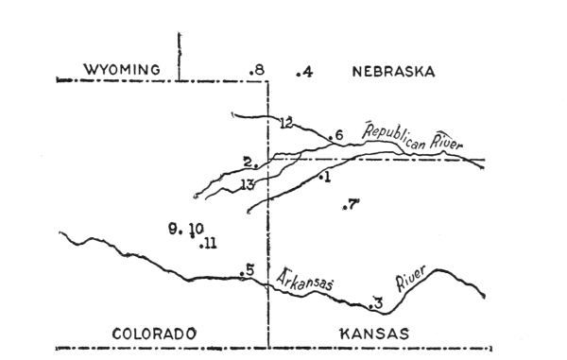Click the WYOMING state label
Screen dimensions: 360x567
[x=118, y=70]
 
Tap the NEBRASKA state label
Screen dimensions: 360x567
[x=391, y=71]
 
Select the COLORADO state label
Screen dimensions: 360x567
[x=154, y=334]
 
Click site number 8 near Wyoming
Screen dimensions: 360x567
[x=257, y=71]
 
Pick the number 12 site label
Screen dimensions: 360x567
[x=286, y=122]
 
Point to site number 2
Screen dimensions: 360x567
[x=248, y=162]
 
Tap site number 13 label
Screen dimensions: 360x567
[x=249, y=184]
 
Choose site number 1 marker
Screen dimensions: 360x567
[x=324, y=177]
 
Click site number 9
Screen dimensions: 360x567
[x=174, y=228]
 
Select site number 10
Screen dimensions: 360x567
[x=196, y=229]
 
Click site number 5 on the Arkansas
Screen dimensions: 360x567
[x=248, y=271]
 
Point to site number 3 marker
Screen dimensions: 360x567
[x=376, y=303]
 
